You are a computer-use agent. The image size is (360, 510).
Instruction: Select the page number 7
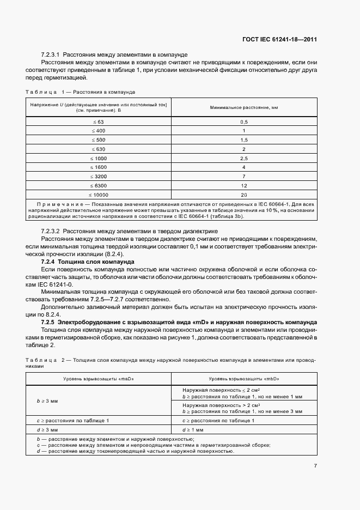315,465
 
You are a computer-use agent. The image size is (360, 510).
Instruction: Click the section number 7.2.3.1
51,56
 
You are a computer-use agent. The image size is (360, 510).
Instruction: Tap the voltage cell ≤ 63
99,122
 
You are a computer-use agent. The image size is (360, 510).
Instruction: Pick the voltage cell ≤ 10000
99,195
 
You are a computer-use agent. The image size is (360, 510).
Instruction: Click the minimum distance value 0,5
244,122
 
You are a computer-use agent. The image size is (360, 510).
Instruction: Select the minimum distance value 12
244,185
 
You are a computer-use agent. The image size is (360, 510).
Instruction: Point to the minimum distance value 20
244,195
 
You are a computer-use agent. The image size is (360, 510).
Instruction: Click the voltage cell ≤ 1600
99,167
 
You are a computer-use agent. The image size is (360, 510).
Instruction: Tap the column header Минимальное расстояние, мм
244,108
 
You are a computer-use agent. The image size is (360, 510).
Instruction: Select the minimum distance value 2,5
244,158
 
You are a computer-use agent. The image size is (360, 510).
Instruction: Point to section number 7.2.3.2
51,231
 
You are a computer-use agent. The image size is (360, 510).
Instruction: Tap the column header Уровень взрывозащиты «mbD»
244,378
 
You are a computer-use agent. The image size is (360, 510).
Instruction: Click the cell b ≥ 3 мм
47,400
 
